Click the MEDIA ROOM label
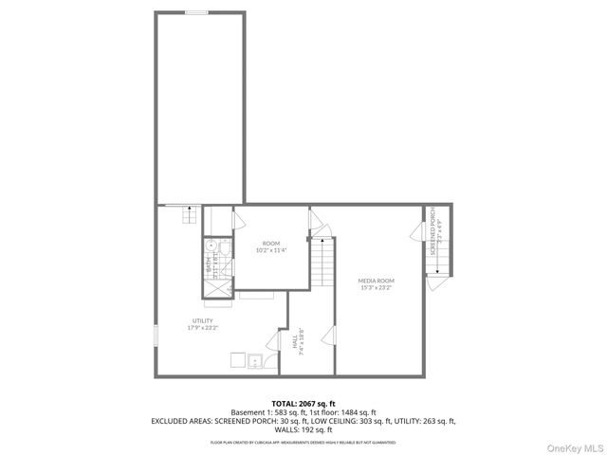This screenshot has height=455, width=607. pyautogui.click(x=377, y=281)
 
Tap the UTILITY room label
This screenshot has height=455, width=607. pyautogui.click(x=203, y=321)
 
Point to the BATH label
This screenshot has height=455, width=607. pyautogui.click(x=209, y=268)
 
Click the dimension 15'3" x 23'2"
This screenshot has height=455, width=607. pyautogui.click(x=377, y=287)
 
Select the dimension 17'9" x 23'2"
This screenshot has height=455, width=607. pyautogui.click(x=203, y=328)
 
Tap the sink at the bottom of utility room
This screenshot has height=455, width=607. pyautogui.click(x=254, y=361)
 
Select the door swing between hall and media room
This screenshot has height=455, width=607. pyautogui.click(x=328, y=336)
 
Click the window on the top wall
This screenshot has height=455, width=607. pyautogui.click(x=197, y=12)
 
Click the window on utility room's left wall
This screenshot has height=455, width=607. pyautogui.click(x=156, y=338)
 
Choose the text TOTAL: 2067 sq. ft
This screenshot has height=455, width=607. pyautogui.click(x=303, y=404)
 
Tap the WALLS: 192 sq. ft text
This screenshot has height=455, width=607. pyautogui.click(x=303, y=428)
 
